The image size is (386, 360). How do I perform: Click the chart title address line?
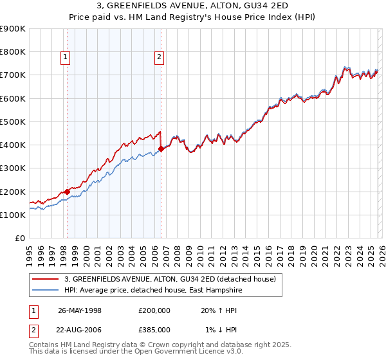click(193, 5)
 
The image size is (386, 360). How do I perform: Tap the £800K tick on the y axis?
click(13, 52)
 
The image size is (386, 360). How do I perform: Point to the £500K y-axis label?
click(13, 122)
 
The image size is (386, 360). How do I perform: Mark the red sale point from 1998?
click(67, 192)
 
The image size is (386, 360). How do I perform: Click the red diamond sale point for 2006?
click(161, 148)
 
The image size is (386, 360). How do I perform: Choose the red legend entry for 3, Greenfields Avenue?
click(170, 279)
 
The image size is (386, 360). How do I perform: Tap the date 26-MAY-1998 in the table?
click(80, 310)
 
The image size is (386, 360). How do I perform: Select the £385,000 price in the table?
click(154, 329)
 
